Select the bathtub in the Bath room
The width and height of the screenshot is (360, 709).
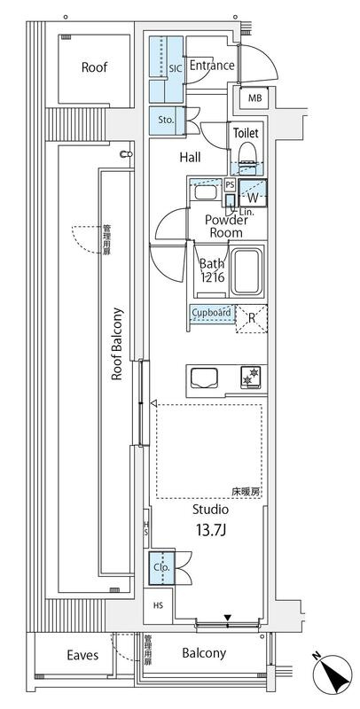tap(247, 271)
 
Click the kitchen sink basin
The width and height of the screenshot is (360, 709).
tap(204, 378)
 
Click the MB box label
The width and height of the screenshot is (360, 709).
tap(254, 97)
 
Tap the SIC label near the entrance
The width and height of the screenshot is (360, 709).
tap(176, 69)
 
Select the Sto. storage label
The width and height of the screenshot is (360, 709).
tap(167, 121)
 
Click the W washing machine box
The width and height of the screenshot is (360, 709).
tap(253, 193)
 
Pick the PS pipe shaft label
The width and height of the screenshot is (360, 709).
tap(231, 185)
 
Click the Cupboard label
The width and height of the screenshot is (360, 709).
tap(211, 312)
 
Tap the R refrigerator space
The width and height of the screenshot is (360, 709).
tap(252, 319)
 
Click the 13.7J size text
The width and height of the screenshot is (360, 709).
tap(211, 530)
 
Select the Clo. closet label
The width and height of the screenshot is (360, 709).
tap(161, 567)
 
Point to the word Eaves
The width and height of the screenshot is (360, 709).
tap(82, 655)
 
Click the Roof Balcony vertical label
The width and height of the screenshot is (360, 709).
tap(117, 344)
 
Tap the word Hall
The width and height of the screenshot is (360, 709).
tap(191, 158)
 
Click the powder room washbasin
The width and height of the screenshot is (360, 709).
tap(207, 192)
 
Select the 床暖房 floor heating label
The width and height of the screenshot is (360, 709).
tap(246, 493)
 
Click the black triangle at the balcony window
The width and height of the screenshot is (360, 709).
tap(228, 618)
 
